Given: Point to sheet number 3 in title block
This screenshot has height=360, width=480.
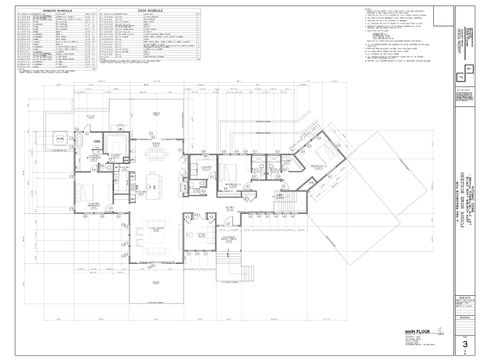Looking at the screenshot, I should [464, 344].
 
